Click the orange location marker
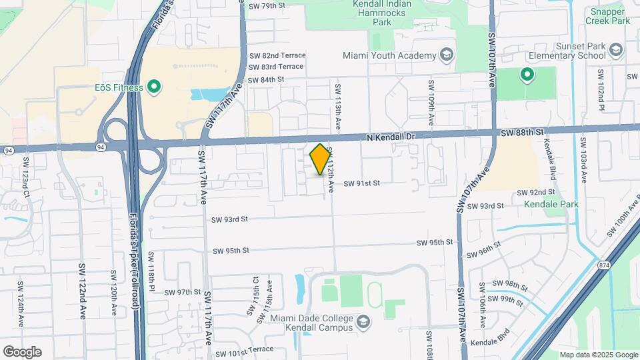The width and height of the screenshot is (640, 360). (x=320, y=159)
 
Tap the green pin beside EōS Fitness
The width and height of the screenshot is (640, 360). (x=155, y=87)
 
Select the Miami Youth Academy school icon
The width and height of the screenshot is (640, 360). (x=446, y=55)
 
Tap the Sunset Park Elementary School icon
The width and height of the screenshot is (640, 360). (x=616, y=49)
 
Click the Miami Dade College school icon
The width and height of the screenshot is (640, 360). (x=363, y=323)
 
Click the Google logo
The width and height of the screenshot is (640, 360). (x=22, y=351)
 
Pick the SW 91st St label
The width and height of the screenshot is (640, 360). (x=361, y=183)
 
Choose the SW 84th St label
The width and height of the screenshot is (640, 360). (x=266, y=79)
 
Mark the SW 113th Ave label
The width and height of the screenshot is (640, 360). (x=338, y=107)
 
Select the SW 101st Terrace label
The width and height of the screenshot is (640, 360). (x=241, y=349)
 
